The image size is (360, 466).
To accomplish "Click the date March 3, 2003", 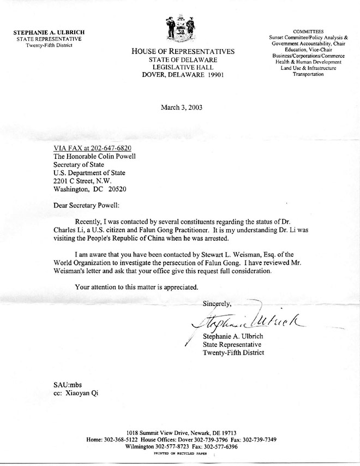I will pos(182,107).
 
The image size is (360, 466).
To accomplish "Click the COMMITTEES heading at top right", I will pos(307,32).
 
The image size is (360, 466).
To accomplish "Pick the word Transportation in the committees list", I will pos(308,75).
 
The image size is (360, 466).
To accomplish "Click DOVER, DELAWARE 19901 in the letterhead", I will pos(182,75).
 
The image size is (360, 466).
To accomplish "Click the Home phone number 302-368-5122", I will pos(122,438).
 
